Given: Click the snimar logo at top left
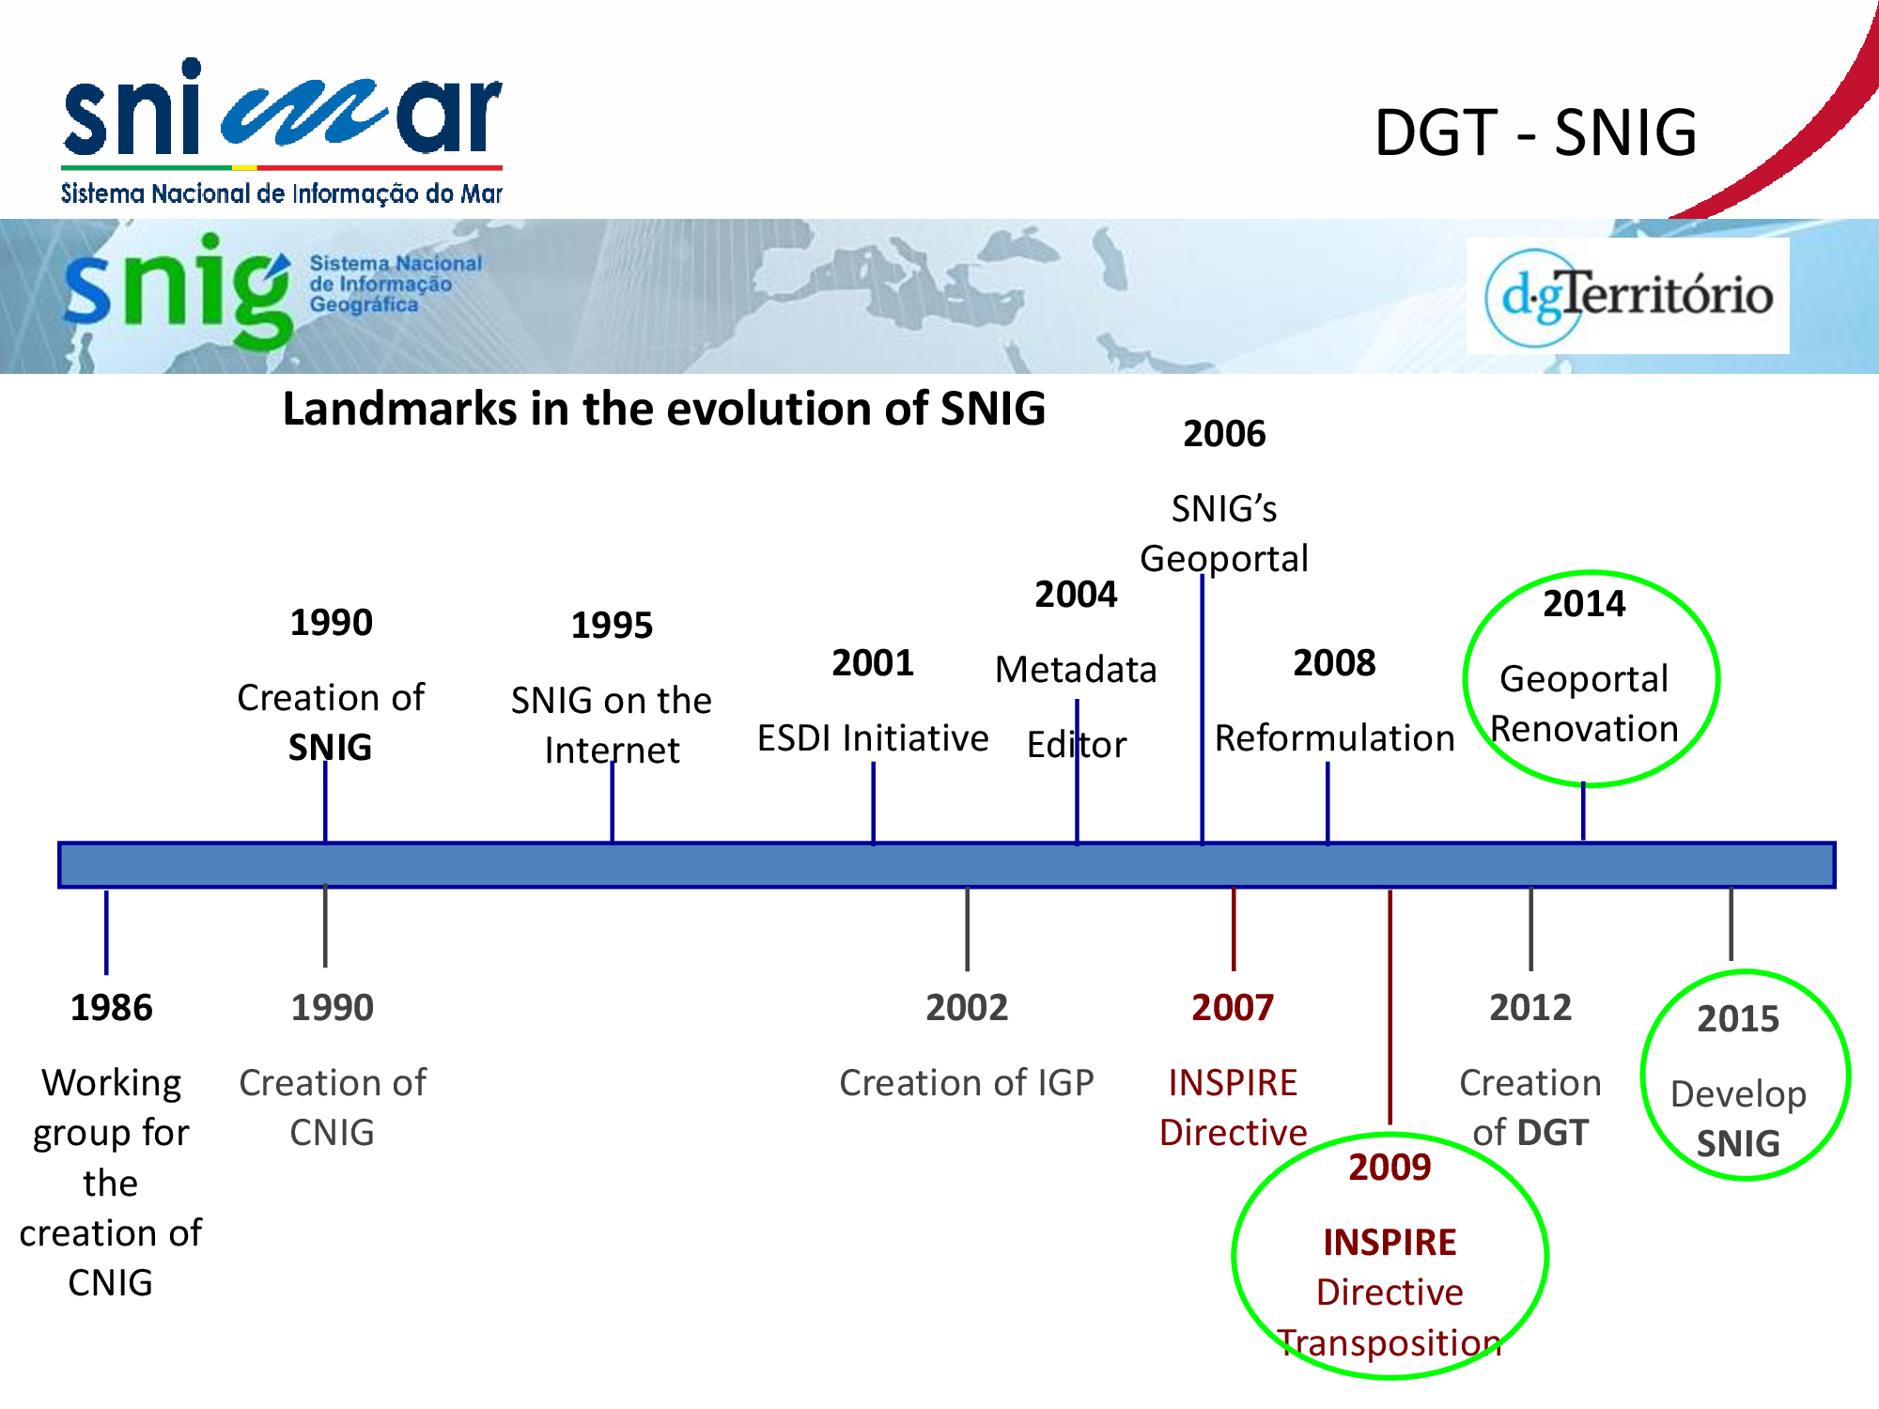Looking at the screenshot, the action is (x=282, y=132).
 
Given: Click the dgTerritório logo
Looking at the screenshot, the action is (x=1628, y=296).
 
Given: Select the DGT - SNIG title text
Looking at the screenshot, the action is (x=1535, y=132).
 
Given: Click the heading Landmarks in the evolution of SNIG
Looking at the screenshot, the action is (x=664, y=409).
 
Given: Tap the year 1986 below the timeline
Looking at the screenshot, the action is (x=111, y=1007).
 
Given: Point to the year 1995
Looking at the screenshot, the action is (x=612, y=625).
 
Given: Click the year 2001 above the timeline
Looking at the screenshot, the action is (x=873, y=663).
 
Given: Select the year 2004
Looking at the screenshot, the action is (x=1076, y=594).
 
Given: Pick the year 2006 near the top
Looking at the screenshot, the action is (x=1224, y=434).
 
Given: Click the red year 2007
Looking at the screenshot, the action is (x=1233, y=1007).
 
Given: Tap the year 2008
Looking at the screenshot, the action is (x=1334, y=663).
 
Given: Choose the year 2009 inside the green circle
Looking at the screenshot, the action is (x=1390, y=1167).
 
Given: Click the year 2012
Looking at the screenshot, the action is (x=1530, y=1007).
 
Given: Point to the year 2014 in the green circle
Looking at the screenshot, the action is (x=1584, y=603).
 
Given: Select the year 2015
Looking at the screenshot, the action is (x=1738, y=1018).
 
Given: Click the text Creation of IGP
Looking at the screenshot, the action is (x=967, y=1083).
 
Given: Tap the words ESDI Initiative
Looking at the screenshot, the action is (x=873, y=738).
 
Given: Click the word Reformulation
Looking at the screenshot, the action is (x=1334, y=738).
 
